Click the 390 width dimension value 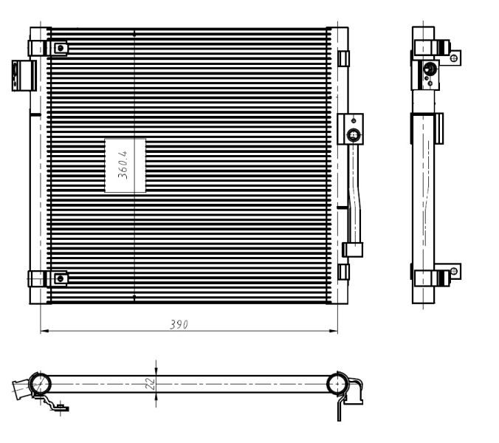[179, 324]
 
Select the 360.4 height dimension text [123, 165]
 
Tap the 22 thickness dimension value [150, 383]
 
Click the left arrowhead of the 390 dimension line [44, 331]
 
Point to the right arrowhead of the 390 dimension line [334, 331]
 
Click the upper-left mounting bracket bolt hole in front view [61, 49]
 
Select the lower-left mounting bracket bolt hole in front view [61, 279]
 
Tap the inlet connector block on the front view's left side [24, 75]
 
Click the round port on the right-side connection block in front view [354, 135]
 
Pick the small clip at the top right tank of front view [343, 58]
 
